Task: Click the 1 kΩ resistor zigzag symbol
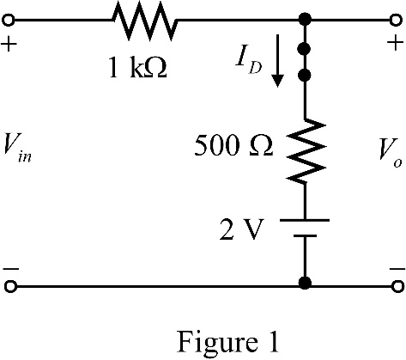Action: tap(144, 20)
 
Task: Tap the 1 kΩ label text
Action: tap(138, 69)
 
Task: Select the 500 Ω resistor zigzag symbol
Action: tap(306, 150)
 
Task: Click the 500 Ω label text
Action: tap(233, 145)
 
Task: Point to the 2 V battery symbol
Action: tap(305, 228)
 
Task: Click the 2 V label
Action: tap(241, 229)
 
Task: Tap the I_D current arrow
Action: tap(277, 60)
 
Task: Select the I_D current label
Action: tap(248, 64)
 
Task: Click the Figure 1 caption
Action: tap(227, 342)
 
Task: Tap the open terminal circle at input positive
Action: tap(9, 21)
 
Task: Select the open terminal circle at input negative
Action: tap(10, 287)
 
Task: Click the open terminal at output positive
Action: tap(396, 21)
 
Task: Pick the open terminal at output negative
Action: tap(397, 287)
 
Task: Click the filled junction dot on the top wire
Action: tap(305, 20)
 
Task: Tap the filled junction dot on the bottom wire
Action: tap(305, 284)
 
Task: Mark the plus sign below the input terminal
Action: tap(9, 45)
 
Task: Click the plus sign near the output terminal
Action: tap(396, 44)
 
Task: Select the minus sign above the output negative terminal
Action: tap(397, 269)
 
